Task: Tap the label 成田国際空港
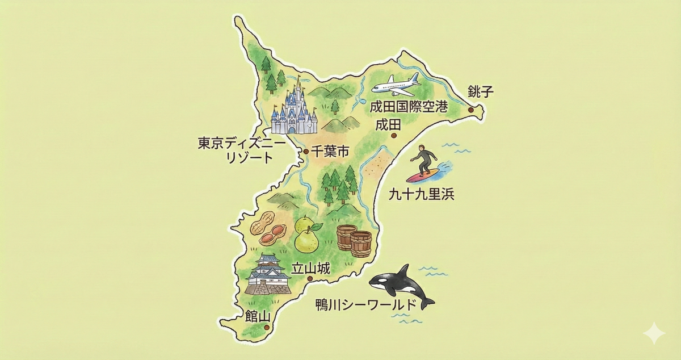click(409, 107)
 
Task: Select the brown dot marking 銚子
click(471, 110)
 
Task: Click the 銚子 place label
click(478, 91)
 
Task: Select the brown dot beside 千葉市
click(306, 152)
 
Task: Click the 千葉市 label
click(329, 152)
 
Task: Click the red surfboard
click(423, 175)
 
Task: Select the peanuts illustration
click(267, 229)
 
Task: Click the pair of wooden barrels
click(354, 241)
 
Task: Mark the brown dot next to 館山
click(266, 327)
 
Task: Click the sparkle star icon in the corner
click(654, 333)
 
